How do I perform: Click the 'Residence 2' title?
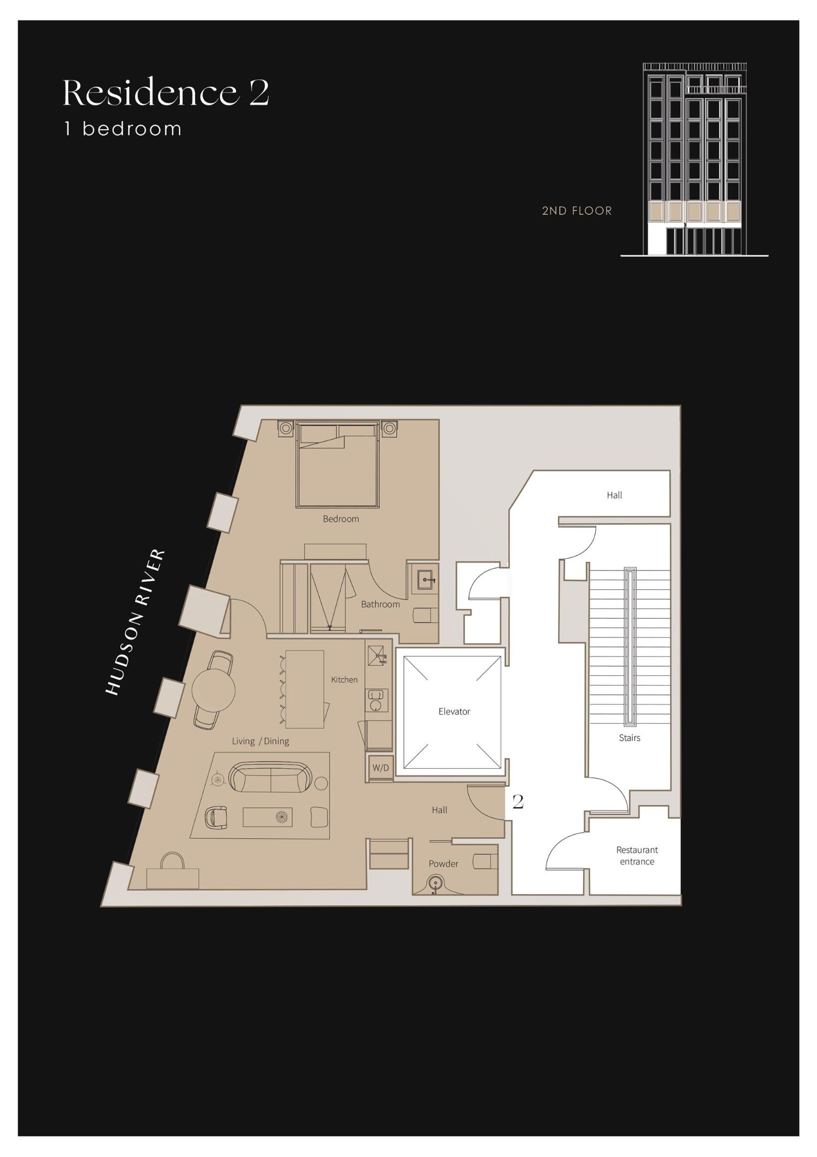(x=166, y=93)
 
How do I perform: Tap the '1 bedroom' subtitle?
(x=123, y=129)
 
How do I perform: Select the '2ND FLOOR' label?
(x=577, y=211)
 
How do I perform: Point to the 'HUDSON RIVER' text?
(x=135, y=622)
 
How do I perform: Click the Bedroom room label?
(x=341, y=519)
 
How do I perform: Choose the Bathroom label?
(x=380, y=604)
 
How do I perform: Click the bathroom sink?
(x=426, y=580)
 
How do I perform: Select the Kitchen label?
(x=344, y=680)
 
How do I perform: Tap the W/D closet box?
(x=381, y=768)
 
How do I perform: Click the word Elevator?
(x=454, y=711)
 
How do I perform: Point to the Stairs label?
(x=629, y=738)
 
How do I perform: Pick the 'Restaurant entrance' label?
(x=637, y=855)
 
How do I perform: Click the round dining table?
(x=213, y=690)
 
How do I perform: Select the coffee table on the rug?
(x=267, y=817)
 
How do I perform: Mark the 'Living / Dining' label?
(x=260, y=741)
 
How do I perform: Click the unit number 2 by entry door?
(x=518, y=801)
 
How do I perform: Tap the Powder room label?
(x=443, y=863)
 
